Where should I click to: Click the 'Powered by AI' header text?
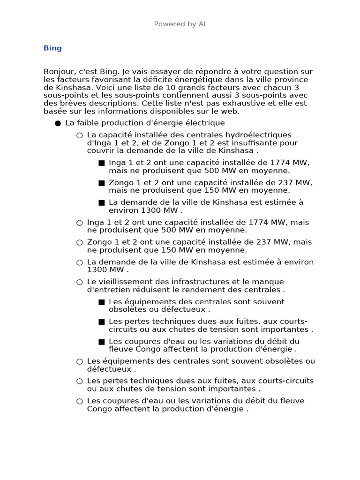pyautogui.click(x=180, y=24)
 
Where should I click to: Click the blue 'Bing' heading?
pyautogui.click(x=52, y=48)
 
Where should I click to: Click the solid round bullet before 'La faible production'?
pyautogui.click(x=58, y=123)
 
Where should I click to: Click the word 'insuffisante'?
pyautogui.click(x=258, y=143)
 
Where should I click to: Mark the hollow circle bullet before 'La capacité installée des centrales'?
pyautogui.click(x=80, y=135)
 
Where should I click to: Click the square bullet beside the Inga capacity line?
pyautogui.click(x=102, y=163)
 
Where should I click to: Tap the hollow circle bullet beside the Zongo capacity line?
pyautogui.click(x=80, y=243)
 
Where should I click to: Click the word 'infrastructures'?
pyautogui.click(x=199, y=282)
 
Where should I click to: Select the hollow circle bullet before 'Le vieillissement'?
pyautogui.click(x=80, y=282)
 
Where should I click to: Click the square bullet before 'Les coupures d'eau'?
pyautogui.click(x=102, y=342)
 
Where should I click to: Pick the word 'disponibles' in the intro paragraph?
pyautogui.click(x=165, y=111)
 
